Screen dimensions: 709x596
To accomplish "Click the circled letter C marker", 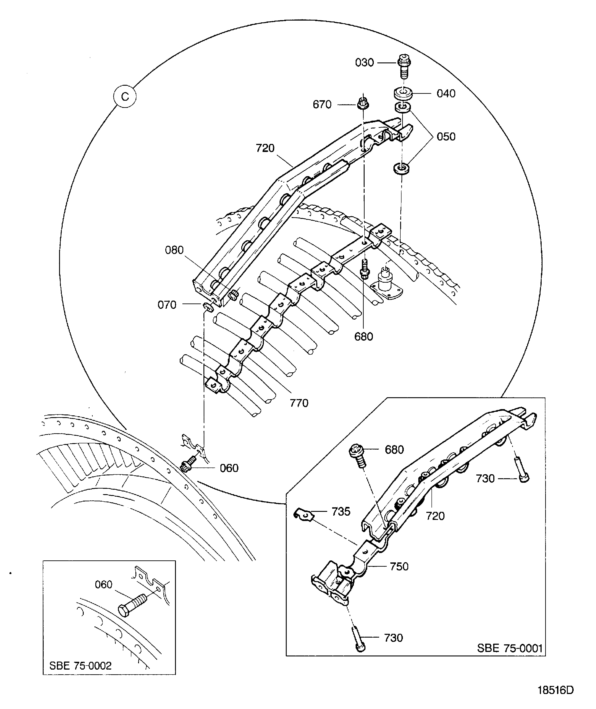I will point(125,97).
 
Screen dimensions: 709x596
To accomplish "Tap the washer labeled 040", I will point(402,93).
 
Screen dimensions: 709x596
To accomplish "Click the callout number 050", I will point(446,137).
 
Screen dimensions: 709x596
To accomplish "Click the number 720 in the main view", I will point(265,148).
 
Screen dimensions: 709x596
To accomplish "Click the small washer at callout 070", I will point(208,307).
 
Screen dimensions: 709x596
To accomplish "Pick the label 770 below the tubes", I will point(299,403).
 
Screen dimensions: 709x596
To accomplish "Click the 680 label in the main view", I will point(363,337).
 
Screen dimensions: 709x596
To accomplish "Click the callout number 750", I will point(399,566).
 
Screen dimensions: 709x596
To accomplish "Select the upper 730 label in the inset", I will point(485,479).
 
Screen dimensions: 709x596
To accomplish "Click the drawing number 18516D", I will point(556,690).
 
